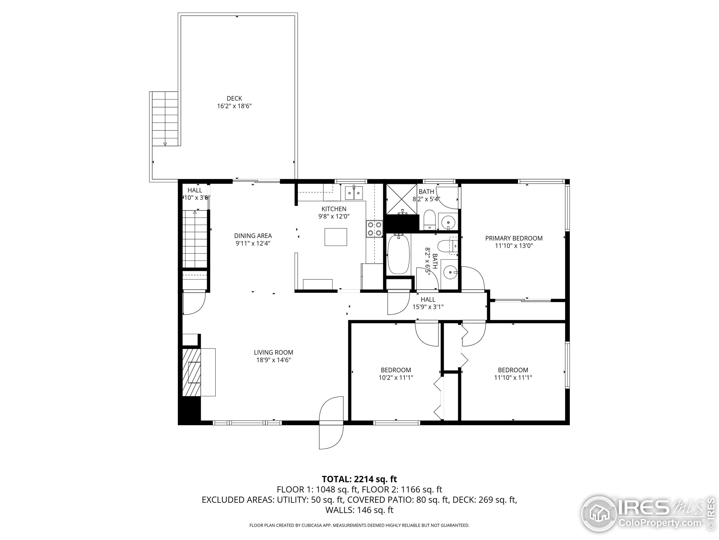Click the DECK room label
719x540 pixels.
click(x=234, y=98)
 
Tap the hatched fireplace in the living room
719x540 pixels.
click(x=192, y=372)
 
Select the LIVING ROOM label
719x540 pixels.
click(x=273, y=352)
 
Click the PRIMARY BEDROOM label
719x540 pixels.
click(x=514, y=238)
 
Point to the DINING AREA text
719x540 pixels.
click(x=253, y=236)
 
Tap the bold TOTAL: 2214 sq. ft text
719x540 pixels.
click(x=359, y=479)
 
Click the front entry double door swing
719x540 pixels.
click(x=331, y=423)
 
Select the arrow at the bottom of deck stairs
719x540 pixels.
click(x=165, y=144)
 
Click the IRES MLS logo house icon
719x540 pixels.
click(x=599, y=514)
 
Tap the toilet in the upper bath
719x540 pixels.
click(x=429, y=220)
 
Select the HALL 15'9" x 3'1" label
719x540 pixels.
click(x=428, y=303)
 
